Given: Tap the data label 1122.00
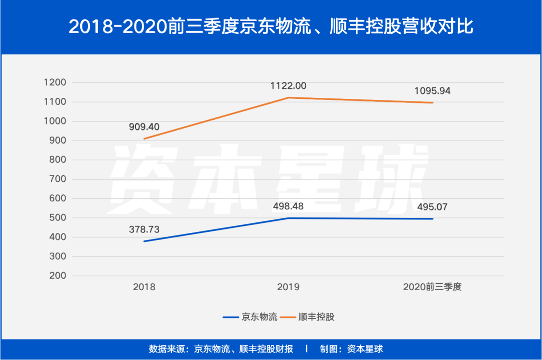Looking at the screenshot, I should tap(288, 86).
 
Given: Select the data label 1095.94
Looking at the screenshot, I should tap(432, 91).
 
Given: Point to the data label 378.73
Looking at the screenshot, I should tap(144, 229).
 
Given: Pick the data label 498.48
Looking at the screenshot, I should tap(288, 206).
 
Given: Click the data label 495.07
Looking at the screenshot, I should tap(432, 206).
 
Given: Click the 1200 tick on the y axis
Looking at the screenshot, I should tap(55, 83).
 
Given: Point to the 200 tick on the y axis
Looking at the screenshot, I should tap(58, 276).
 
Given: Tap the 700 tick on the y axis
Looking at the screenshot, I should tap(58, 179).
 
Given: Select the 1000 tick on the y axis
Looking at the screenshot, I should tap(55, 122).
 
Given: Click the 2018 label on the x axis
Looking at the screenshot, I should tap(144, 288).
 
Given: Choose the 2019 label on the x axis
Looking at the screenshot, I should tap(288, 288).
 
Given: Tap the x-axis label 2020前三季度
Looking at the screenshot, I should tap(432, 288).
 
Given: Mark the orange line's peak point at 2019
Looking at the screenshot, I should tap(288, 97).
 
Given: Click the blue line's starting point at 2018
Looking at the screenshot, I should tap(144, 242).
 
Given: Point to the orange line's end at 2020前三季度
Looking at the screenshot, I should tap(432, 102).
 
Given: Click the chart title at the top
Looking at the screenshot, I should tap(271, 26).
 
